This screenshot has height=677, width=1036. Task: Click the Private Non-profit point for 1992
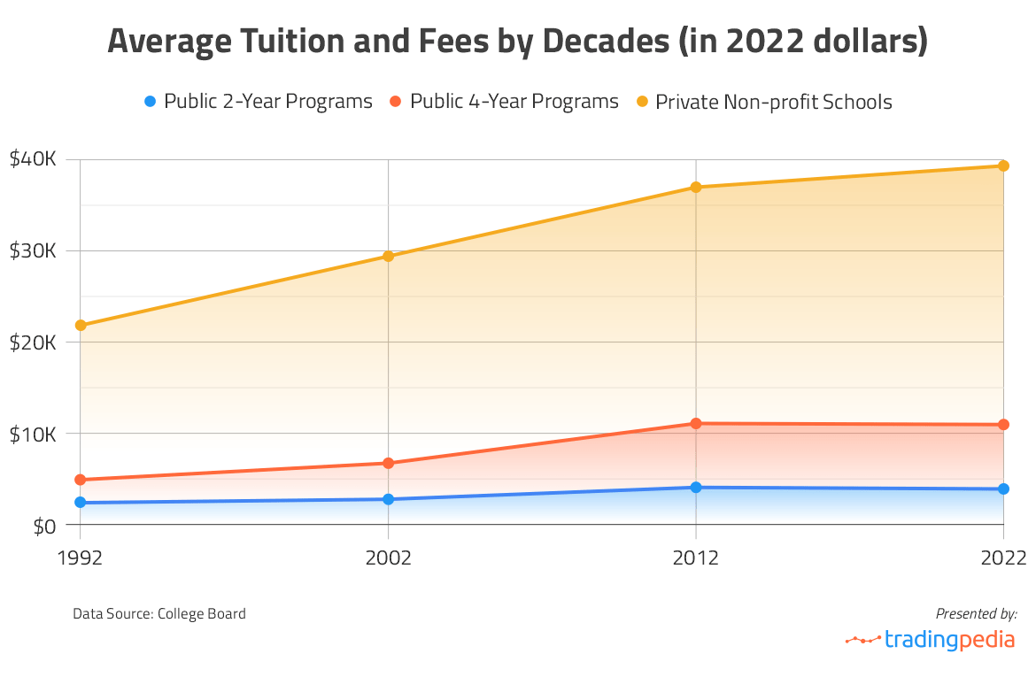[81, 325]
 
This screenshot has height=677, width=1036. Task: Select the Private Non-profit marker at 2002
[388, 256]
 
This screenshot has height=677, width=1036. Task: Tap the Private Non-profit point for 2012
[696, 187]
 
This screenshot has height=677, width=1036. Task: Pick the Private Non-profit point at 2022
[1003, 165]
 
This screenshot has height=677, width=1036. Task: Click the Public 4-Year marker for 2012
[696, 423]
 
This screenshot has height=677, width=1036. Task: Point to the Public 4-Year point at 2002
[388, 463]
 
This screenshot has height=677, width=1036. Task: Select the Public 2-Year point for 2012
[696, 487]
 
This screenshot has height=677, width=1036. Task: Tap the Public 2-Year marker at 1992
[81, 503]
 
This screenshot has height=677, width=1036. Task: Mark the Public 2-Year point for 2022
[1003, 489]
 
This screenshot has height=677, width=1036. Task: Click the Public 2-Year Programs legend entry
[258, 102]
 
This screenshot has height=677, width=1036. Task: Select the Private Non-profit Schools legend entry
[763, 102]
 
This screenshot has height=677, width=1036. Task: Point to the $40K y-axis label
[33, 159]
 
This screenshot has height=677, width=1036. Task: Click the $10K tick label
[33, 434]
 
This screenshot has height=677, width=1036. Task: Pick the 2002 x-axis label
[388, 558]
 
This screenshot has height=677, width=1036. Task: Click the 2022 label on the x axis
[1003, 558]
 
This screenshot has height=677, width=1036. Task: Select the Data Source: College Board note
[159, 613]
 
